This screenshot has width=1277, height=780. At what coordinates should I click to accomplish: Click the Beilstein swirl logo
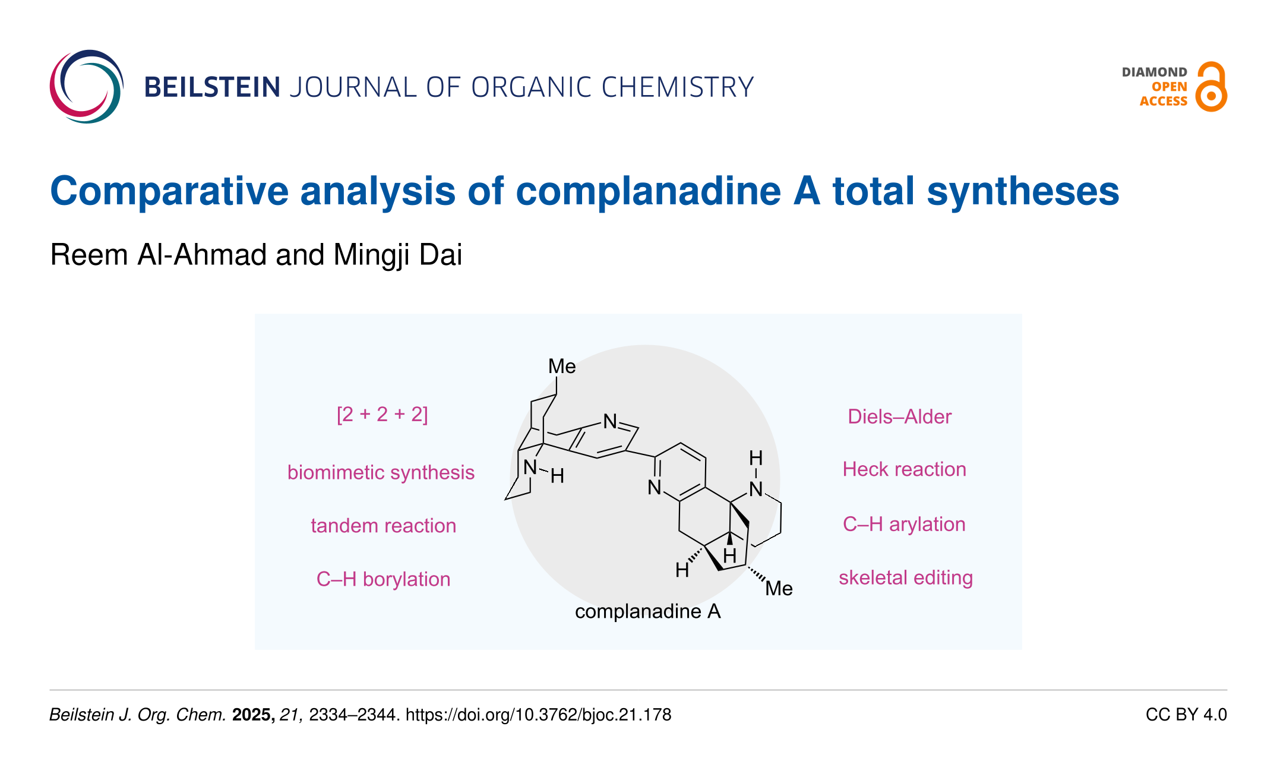pyautogui.click(x=87, y=87)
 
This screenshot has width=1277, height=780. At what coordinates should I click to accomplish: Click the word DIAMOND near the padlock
pyautogui.click(x=1154, y=72)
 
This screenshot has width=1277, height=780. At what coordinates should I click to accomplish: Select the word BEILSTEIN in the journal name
pyautogui.click(x=212, y=88)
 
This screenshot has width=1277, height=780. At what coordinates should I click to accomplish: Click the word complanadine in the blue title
pyautogui.click(x=648, y=191)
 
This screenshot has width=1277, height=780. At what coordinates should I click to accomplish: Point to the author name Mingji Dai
pyautogui.click(x=397, y=255)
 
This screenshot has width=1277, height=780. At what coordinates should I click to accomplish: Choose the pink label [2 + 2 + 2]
pyautogui.click(x=382, y=414)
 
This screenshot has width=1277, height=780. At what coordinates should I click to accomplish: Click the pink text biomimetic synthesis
pyautogui.click(x=381, y=472)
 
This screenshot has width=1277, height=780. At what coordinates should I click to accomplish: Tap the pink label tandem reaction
pyautogui.click(x=383, y=526)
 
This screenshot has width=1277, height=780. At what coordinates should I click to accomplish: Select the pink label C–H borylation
pyautogui.click(x=383, y=579)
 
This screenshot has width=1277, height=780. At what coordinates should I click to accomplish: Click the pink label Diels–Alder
pyautogui.click(x=899, y=417)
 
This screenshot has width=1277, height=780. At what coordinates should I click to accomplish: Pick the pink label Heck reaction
pyautogui.click(x=904, y=470)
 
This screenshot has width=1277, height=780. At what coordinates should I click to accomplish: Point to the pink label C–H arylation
pyautogui.click(x=904, y=525)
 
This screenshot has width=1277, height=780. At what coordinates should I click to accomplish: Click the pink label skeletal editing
pyautogui.click(x=905, y=578)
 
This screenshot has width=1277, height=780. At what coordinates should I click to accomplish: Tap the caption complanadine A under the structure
pyautogui.click(x=647, y=612)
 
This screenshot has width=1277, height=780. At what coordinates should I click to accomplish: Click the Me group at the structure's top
pyautogui.click(x=561, y=367)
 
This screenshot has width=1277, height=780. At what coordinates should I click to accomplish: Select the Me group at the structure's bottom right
pyautogui.click(x=779, y=589)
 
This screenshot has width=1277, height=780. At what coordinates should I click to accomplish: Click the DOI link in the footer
pyautogui.click(x=538, y=715)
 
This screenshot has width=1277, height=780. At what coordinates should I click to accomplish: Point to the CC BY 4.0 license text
pyautogui.click(x=1186, y=715)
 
